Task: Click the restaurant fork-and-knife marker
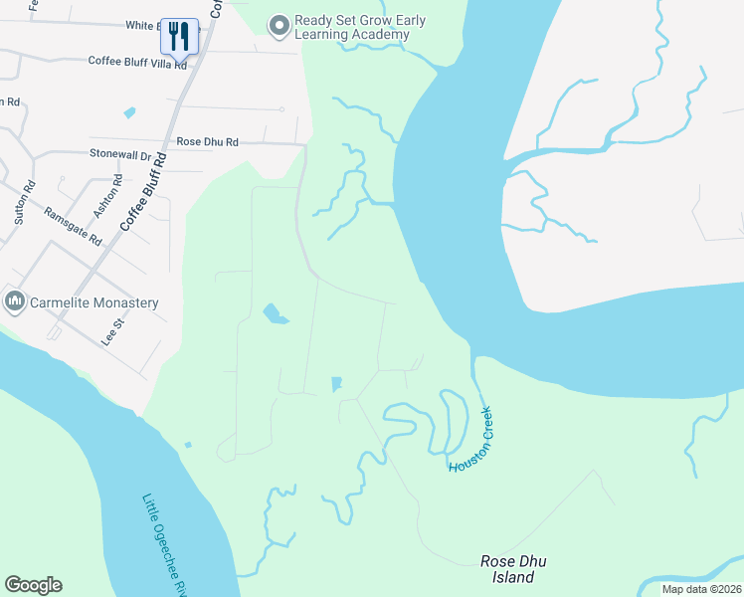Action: tap(179, 37)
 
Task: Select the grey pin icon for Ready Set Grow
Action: tap(279, 23)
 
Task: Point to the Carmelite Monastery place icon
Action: tap(15, 301)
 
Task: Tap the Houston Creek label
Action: tap(471, 439)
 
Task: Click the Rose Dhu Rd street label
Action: tap(207, 142)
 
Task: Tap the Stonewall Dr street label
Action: tap(119, 155)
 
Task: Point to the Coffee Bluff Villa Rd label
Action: tap(137, 62)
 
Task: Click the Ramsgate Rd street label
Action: tap(74, 226)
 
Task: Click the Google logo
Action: tap(33, 585)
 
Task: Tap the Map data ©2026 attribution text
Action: tap(700, 589)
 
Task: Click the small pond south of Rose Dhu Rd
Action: tap(275, 315)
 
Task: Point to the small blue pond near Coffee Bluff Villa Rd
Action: tap(129, 113)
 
